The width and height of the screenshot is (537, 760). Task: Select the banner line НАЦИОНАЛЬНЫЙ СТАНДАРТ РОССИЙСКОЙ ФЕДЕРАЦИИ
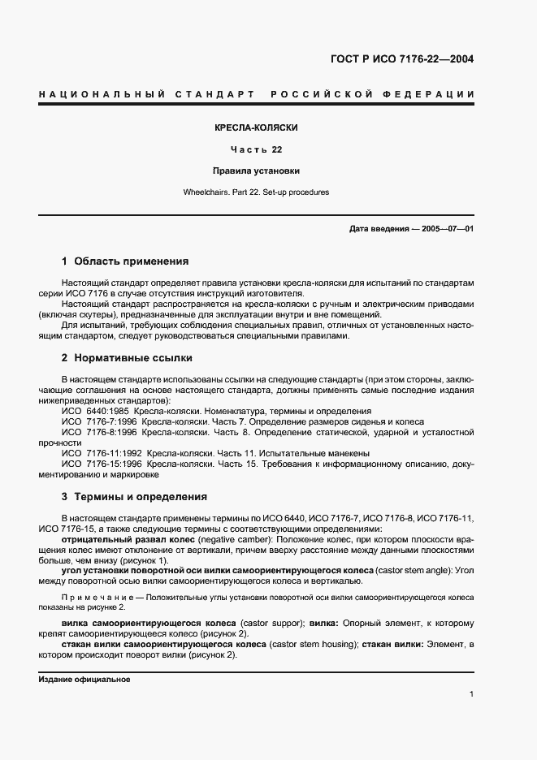(257, 95)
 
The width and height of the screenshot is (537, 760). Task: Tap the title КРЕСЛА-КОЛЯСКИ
(256, 128)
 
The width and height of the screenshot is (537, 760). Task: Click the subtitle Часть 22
(256, 149)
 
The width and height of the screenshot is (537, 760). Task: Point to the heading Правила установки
(256, 171)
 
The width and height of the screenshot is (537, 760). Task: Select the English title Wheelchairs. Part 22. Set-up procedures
(256, 192)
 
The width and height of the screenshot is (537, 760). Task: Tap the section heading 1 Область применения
(125, 261)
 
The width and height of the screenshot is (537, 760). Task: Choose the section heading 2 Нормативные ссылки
(127, 357)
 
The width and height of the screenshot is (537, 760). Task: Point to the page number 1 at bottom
(471, 694)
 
